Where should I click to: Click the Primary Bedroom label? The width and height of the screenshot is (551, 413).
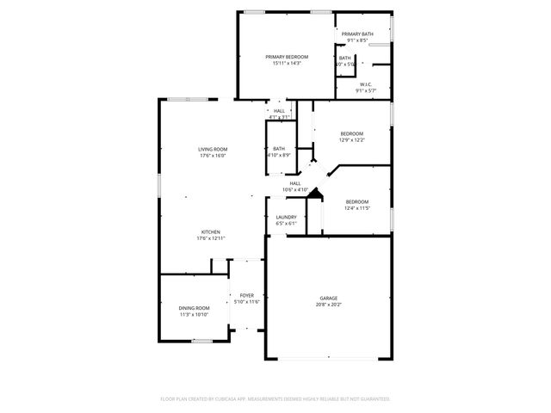[x=287, y=57]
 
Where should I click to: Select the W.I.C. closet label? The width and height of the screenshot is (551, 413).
[x=366, y=84]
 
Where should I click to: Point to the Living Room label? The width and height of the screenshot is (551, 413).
[x=213, y=150]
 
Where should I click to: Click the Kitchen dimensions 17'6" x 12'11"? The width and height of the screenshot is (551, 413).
[x=212, y=238]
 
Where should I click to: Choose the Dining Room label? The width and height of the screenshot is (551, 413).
[x=194, y=308]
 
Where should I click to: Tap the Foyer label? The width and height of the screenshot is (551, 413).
[x=247, y=295]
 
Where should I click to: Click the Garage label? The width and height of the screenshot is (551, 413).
[x=329, y=298]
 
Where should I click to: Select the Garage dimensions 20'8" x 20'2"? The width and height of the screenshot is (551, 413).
[x=329, y=305]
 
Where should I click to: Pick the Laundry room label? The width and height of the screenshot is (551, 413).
[x=286, y=217]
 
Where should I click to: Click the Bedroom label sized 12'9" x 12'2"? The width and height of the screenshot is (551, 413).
[x=351, y=133]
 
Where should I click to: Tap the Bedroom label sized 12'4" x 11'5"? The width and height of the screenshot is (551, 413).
[x=356, y=200]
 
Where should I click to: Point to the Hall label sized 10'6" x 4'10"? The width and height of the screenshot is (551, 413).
[x=294, y=183]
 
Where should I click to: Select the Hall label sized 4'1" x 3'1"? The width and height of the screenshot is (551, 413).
[x=279, y=111]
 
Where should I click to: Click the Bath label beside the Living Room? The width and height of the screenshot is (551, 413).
[x=279, y=148]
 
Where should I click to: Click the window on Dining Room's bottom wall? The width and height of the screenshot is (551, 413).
[x=201, y=342]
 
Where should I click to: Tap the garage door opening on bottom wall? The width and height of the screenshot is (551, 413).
[x=328, y=358]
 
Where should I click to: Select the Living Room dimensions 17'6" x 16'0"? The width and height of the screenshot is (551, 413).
[x=213, y=157]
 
